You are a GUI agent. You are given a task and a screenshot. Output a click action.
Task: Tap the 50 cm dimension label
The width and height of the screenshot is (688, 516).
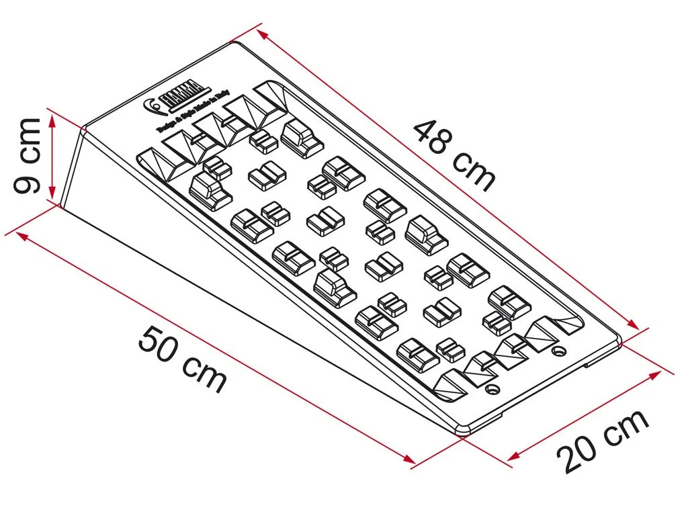pyautogui.click(x=182, y=359)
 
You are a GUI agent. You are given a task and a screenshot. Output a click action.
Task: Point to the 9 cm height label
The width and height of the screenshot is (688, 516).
pyautogui.click(x=28, y=155)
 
